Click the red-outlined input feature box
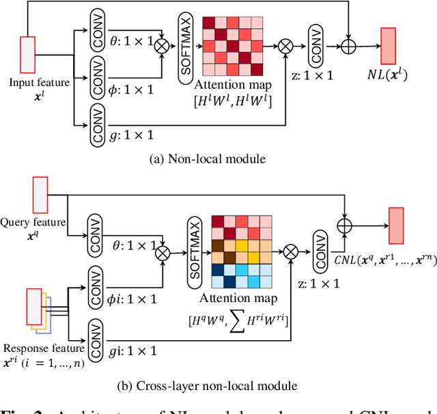click(x=27, y=54)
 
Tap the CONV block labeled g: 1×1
click(x=98, y=126)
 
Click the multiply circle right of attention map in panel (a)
click(x=285, y=46)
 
